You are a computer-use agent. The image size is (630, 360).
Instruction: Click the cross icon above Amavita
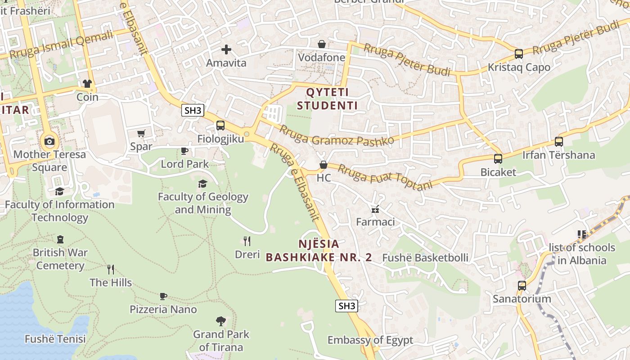click(226, 49)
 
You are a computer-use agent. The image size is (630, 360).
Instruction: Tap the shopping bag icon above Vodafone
click(322, 44)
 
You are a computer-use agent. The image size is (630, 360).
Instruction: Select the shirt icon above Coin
click(87, 84)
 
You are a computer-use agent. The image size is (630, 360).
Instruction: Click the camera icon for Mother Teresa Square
click(49, 141)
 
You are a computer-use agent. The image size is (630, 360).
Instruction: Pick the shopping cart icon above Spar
click(141, 133)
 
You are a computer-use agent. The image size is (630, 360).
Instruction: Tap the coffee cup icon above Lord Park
click(184, 151)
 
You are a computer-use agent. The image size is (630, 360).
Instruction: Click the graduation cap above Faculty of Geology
click(203, 184)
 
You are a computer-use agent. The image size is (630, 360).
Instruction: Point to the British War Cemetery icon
click(60, 239)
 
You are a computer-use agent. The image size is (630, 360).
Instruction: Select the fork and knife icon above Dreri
click(247, 241)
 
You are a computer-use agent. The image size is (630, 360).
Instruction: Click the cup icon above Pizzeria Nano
click(163, 296)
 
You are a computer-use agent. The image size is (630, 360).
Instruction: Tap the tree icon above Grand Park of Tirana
click(221, 321)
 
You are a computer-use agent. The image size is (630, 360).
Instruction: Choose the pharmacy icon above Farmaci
click(375, 209)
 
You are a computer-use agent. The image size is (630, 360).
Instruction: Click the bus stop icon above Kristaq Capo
click(519, 54)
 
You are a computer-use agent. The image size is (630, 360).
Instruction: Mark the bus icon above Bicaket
click(498, 159)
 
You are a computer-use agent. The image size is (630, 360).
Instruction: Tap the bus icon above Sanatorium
click(522, 285)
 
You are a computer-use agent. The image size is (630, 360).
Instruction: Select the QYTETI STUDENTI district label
click(332, 99)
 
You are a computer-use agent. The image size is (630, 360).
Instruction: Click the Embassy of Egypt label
click(370, 340)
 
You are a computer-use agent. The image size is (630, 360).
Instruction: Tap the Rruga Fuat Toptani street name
click(385, 177)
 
